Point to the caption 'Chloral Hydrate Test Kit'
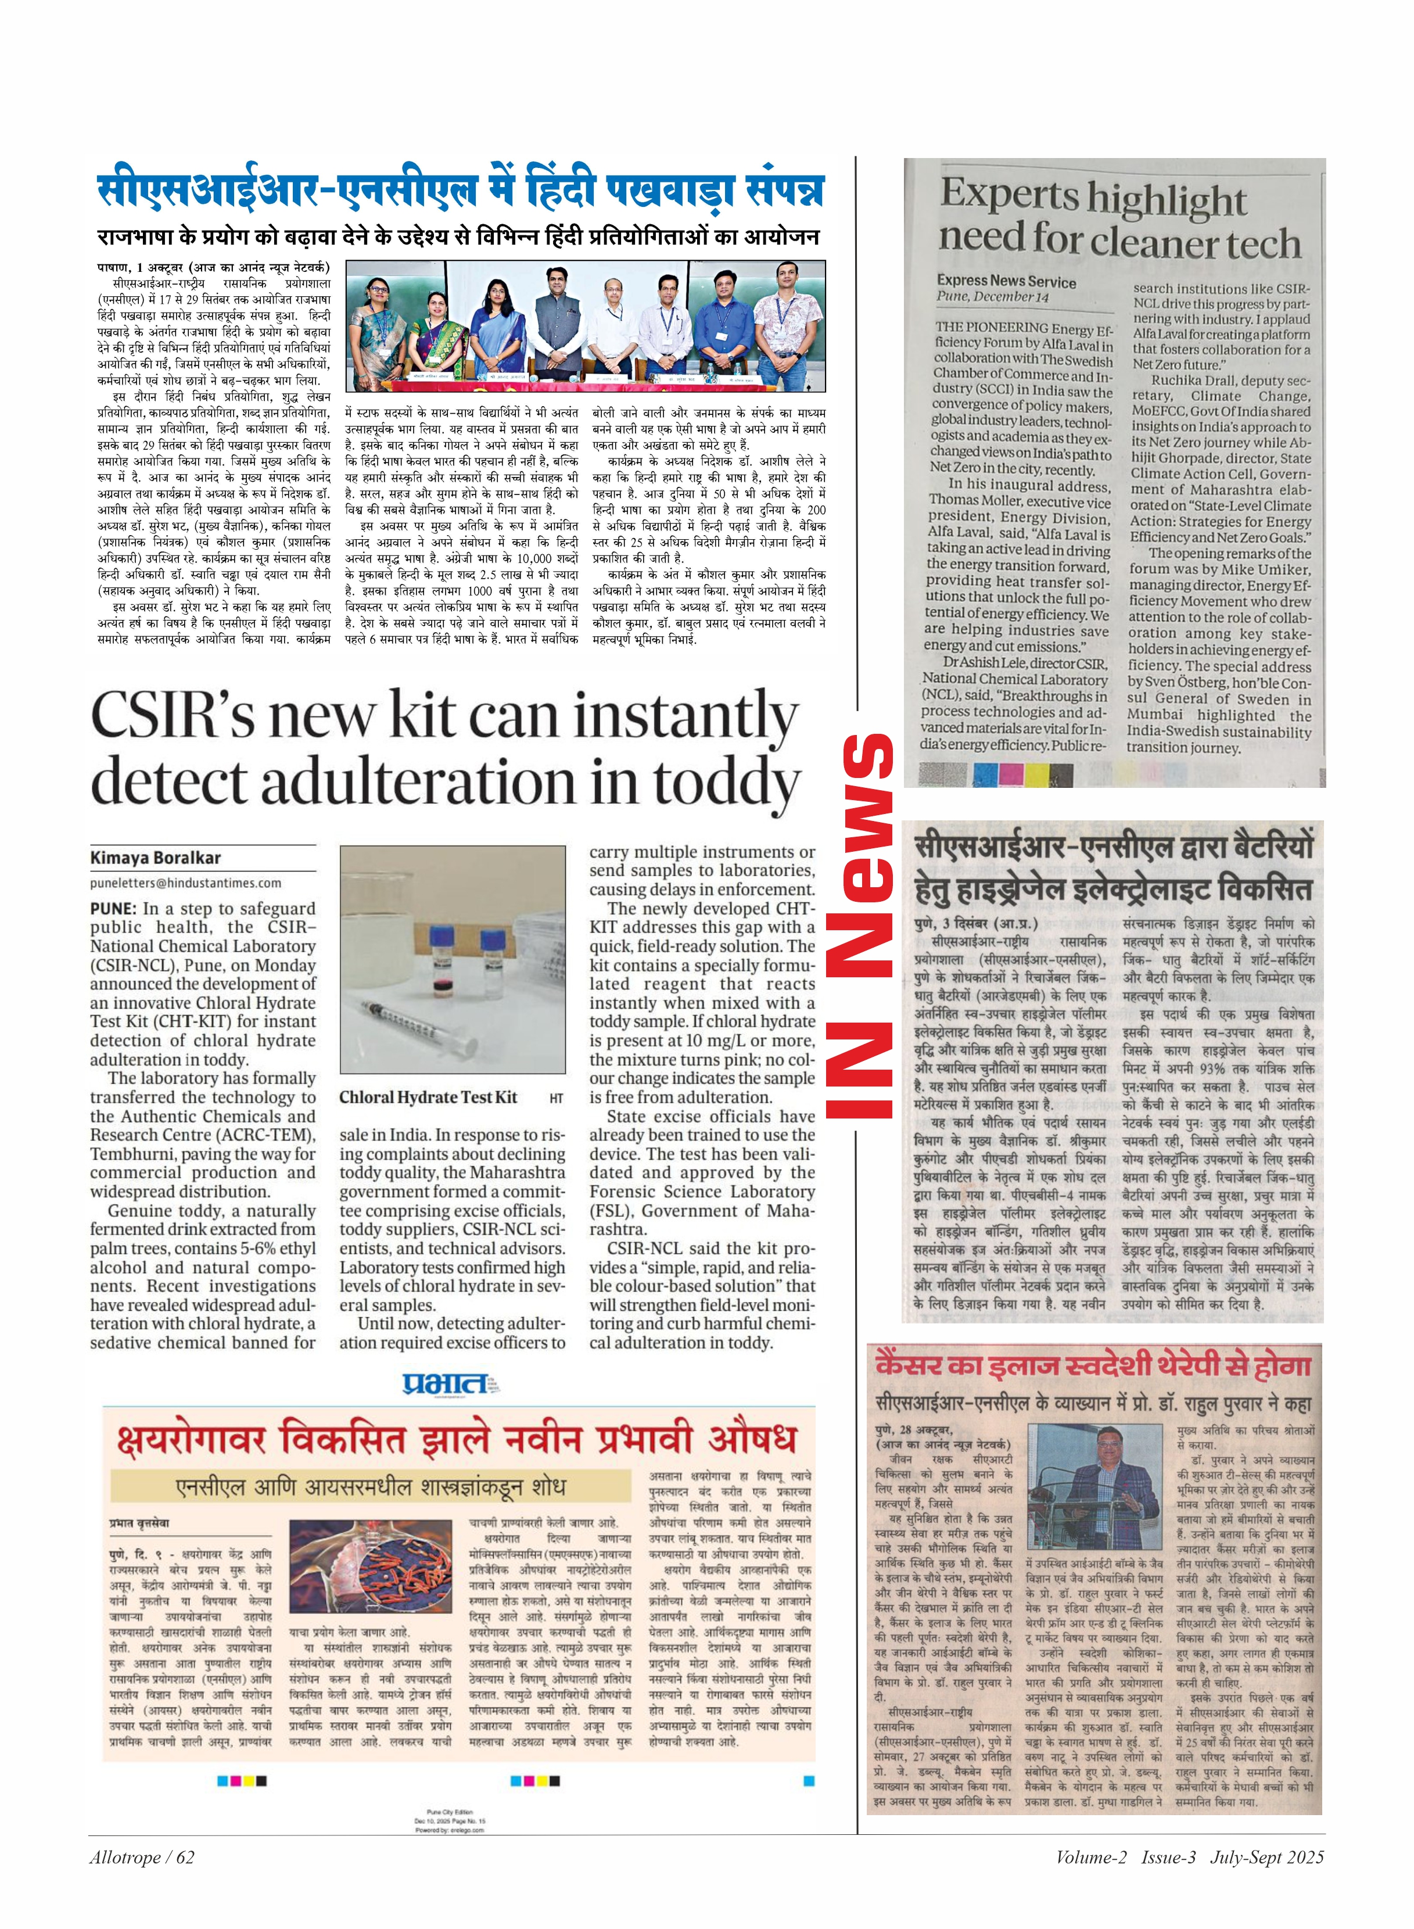pos(428,1097)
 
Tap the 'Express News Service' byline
pos(1006,281)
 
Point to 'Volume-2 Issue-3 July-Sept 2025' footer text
pos(1189,1856)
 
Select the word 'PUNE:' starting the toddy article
pos(113,908)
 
